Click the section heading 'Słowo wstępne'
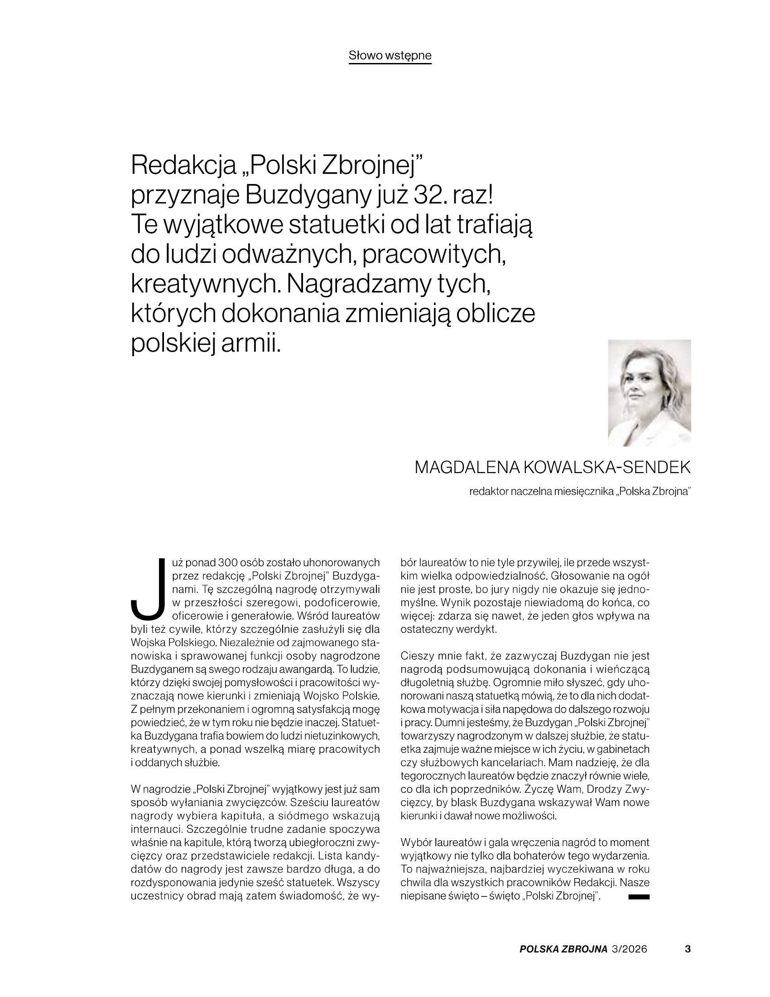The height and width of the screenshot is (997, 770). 390,56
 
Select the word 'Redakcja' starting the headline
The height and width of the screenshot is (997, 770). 183,165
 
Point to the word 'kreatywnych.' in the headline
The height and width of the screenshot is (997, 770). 205,285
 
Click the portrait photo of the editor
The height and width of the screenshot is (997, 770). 649,392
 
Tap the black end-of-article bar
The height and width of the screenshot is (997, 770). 639,897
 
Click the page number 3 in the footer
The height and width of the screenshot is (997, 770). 688,949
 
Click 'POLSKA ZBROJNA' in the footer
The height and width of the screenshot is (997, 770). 563,949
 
